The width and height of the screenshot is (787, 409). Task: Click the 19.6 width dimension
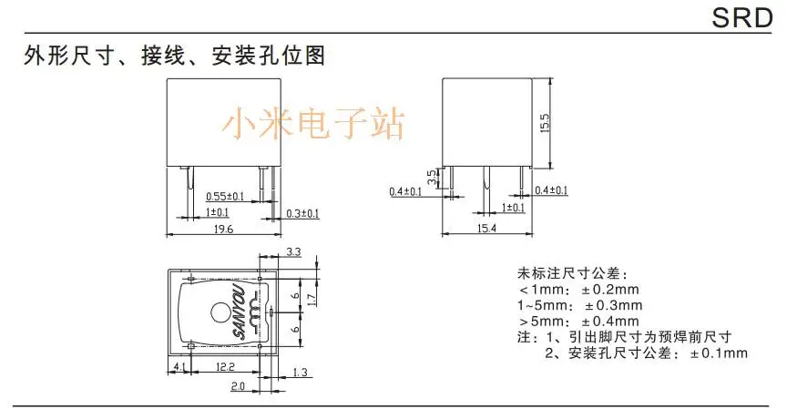[222, 230]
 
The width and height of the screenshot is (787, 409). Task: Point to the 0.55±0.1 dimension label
[224, 196]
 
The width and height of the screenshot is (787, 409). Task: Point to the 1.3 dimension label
[302, 371]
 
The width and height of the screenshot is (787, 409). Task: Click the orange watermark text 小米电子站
[318, 122]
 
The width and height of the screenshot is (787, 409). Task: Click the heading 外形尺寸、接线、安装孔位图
[173, 56]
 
